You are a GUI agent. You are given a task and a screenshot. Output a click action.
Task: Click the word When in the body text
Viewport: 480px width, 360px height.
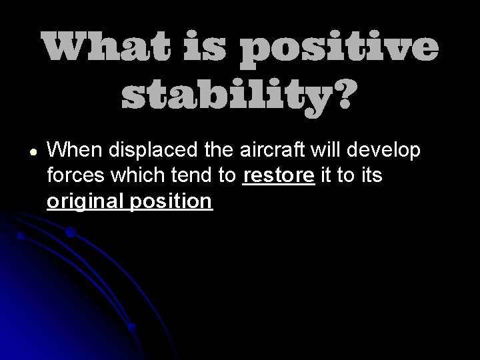[x=74, y=151]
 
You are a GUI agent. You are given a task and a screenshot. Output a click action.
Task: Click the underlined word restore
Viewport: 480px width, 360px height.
[x=279, y=177]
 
